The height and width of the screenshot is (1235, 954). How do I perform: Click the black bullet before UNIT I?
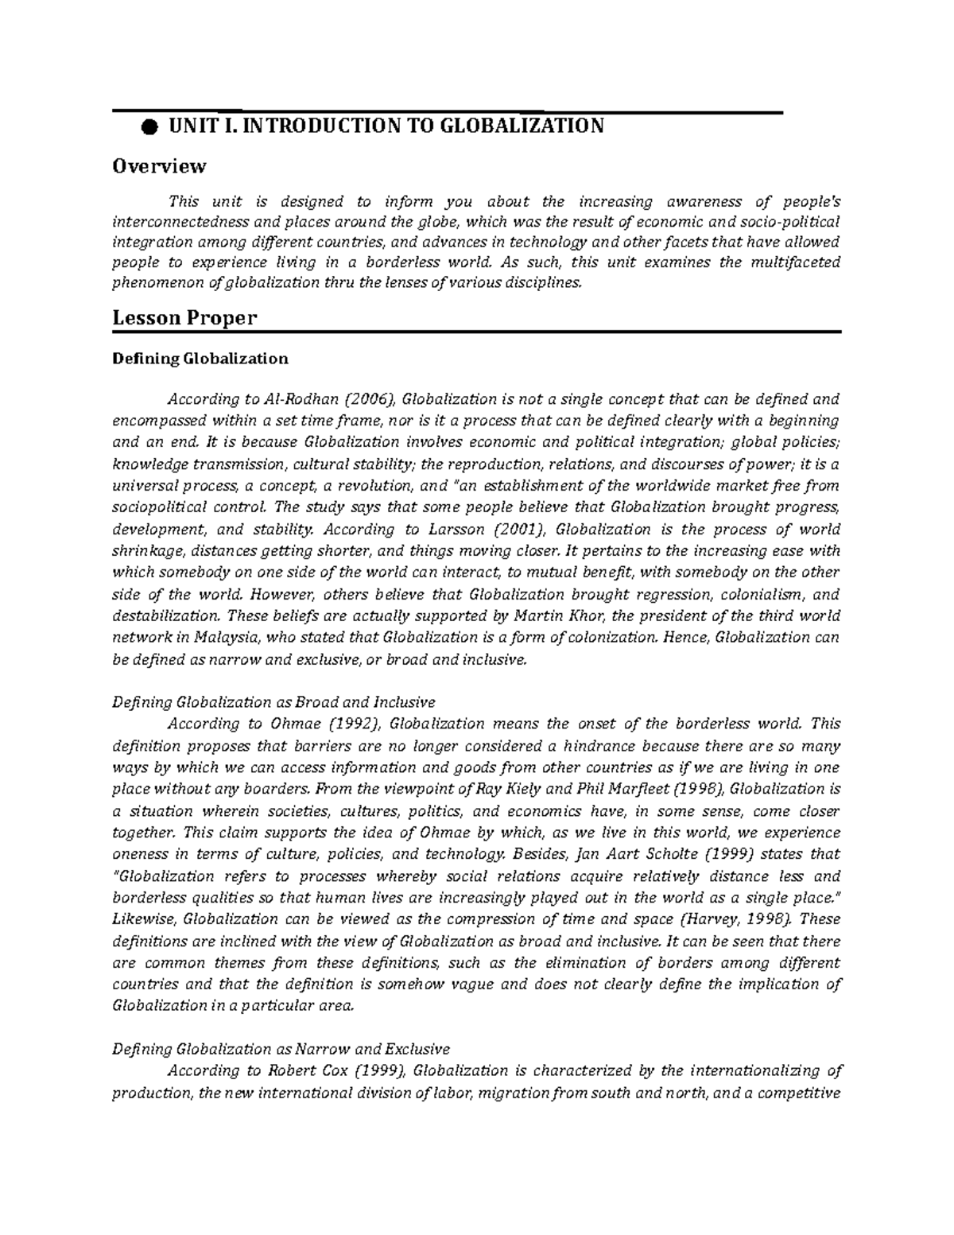click(148, 127)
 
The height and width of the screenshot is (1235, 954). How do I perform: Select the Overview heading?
click(159, 166)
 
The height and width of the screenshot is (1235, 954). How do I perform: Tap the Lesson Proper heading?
click(184, 318)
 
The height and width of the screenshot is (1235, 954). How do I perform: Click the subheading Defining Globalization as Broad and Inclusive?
click(273, 702)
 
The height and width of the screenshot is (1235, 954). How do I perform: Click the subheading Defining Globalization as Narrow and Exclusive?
click(281, 1049)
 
